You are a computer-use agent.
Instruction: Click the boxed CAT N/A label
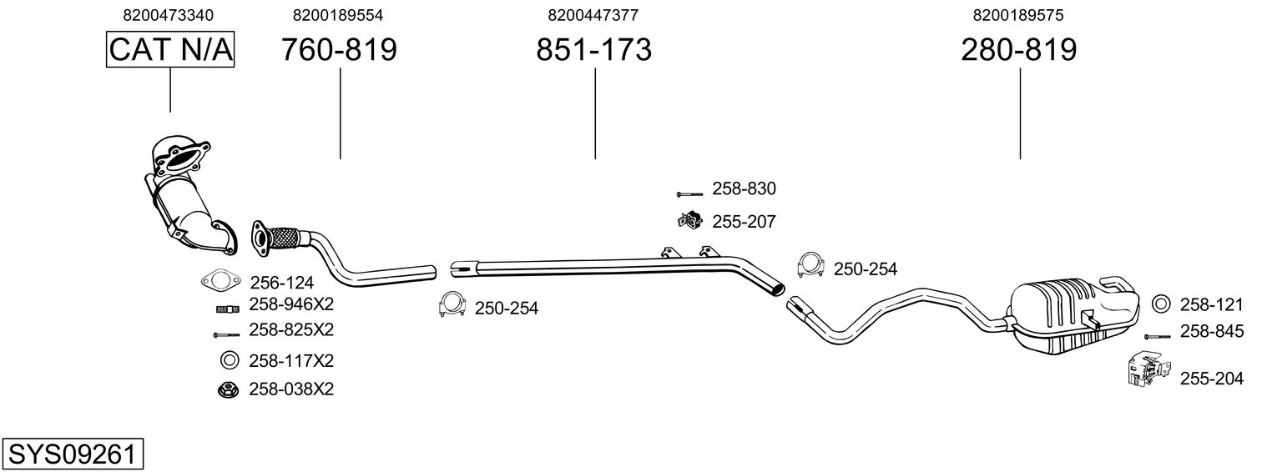[x=170, y=50]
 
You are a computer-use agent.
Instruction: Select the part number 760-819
[x=339, y=50]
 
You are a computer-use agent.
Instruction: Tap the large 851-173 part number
[x=593, y=50]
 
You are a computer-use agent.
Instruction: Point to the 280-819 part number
[x=1019, y=50]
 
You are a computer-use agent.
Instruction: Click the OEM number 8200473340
[x=168, y=15]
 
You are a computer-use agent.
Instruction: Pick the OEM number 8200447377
[x=593, y=15]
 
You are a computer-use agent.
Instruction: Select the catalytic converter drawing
[x=188, y=196]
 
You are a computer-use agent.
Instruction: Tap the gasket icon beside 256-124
[x=216, y=280]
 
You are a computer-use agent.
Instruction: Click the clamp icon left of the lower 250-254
[x=452, y=306]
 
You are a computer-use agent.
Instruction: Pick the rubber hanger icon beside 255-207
[x=689, y=221]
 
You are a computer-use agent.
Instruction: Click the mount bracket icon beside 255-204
[x=1146, y=370]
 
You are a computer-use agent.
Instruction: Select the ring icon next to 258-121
[x=1159, y=304]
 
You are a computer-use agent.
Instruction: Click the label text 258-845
[x=1211, y=332]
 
